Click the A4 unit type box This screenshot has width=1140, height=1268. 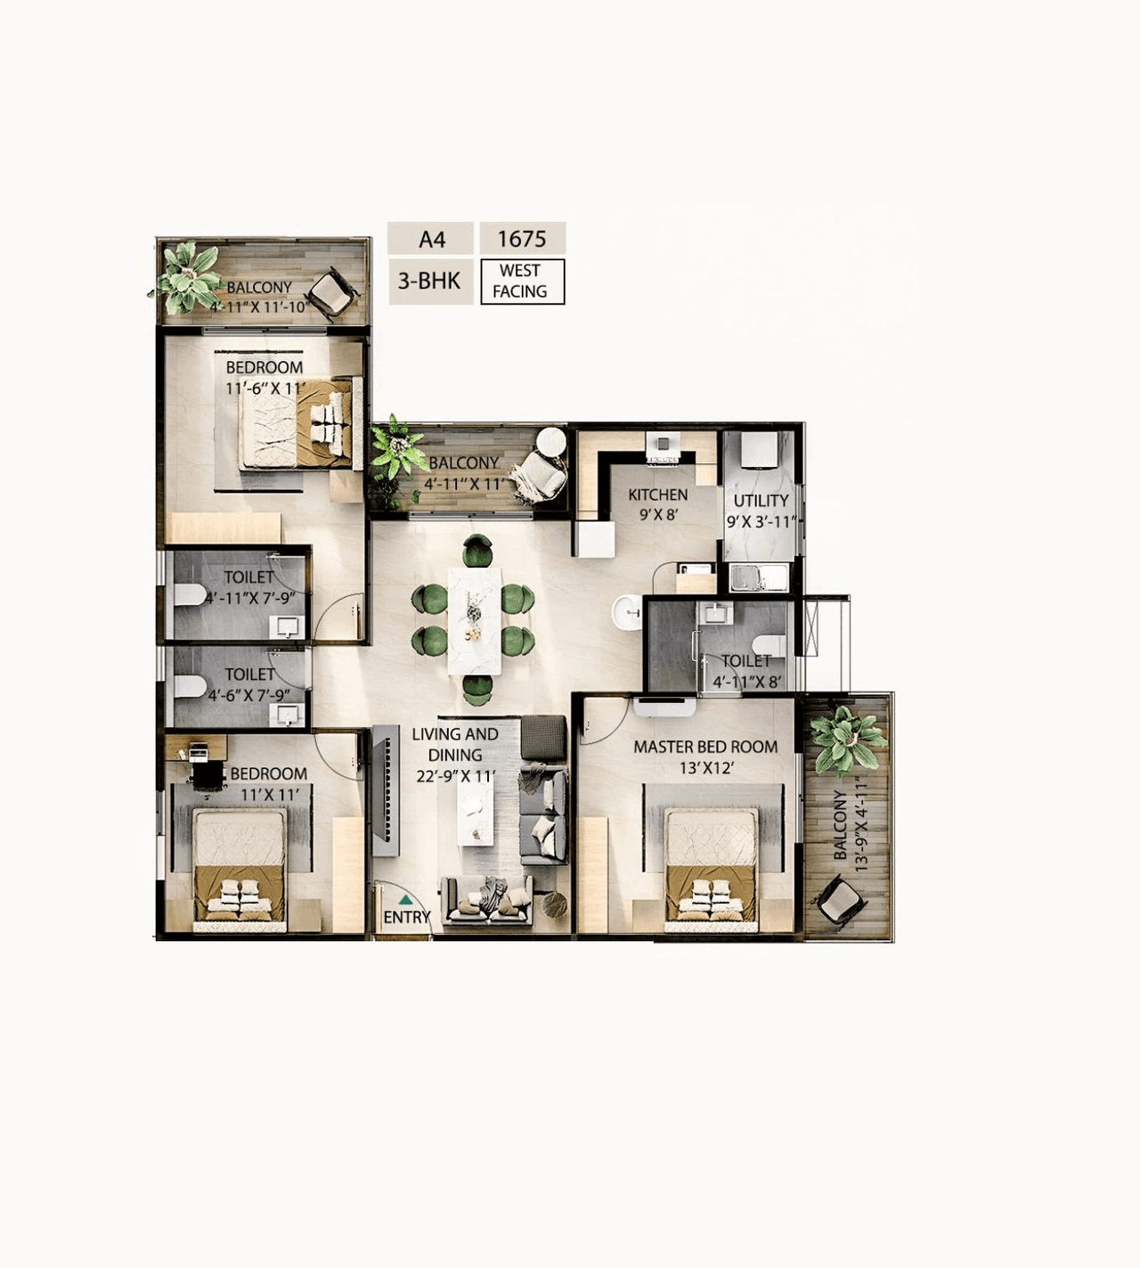point(431,239)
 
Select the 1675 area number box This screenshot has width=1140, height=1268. point(522,239)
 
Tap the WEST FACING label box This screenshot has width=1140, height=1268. point(522,282)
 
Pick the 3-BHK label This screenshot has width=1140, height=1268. point(429,282)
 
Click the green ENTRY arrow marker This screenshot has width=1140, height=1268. point(406,901)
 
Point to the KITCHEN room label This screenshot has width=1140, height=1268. point(657,495)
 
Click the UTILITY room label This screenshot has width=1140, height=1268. point(761,501)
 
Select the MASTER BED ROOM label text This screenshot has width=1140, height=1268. point(705,747)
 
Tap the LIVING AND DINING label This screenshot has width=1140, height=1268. point(454,744)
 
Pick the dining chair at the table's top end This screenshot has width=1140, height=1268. point(477,550)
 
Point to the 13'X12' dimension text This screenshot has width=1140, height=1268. point(704,768)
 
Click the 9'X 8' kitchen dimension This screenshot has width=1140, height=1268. point(658,514)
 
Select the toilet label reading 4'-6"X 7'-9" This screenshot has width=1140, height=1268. point(248,695)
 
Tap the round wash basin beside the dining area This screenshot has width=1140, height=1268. point(627,612)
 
